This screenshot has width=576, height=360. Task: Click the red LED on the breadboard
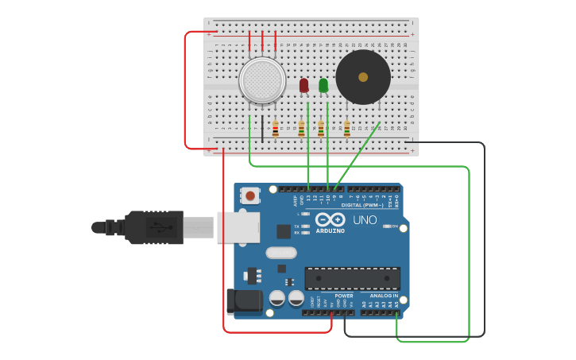point(303,85)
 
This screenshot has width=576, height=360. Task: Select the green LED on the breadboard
point(323,85)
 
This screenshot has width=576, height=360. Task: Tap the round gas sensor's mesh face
point(262,80)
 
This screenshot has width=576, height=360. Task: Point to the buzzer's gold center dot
point(363,77)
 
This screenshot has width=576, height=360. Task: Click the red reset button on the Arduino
point(250,195)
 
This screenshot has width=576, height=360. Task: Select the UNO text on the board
point(365,220)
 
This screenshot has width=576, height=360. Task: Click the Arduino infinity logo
point(330,219)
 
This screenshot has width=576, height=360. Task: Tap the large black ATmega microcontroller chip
point(352,278)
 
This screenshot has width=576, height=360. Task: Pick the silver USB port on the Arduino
point(238,227)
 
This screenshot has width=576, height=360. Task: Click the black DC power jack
point(243,301)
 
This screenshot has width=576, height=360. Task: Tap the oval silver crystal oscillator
point(280,254)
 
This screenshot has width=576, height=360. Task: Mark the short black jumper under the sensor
point(262,127)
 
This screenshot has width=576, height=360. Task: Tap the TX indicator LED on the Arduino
point(305,226)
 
